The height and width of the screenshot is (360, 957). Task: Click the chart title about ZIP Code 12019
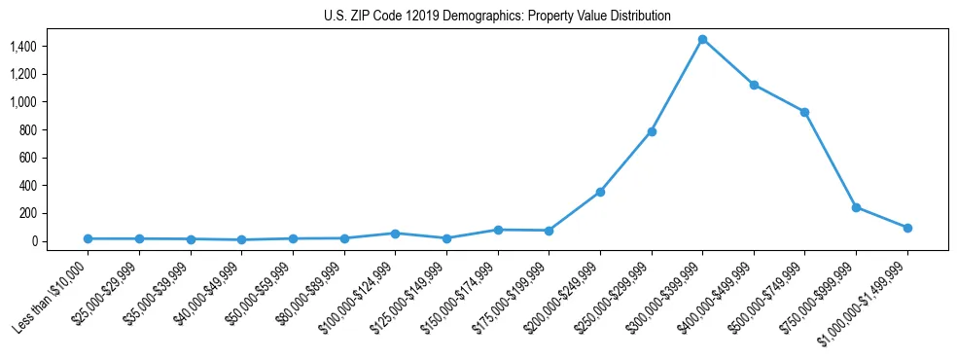[497, 17]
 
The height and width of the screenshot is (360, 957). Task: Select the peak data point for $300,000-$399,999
[702, 39]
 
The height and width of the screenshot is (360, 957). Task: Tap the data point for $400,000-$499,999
[754, 85]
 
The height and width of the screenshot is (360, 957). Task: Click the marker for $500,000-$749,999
[804, 112]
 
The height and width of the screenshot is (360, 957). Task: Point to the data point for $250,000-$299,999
[652, 131]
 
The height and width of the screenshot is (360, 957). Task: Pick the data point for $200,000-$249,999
[600, 192]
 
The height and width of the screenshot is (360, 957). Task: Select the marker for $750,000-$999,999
[856, 207]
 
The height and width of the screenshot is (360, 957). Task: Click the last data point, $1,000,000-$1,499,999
[907, 228]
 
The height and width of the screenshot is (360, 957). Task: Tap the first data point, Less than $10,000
[89, 238]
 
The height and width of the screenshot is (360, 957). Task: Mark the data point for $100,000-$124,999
[395, 234]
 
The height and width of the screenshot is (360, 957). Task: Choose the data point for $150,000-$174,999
[498, 230]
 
